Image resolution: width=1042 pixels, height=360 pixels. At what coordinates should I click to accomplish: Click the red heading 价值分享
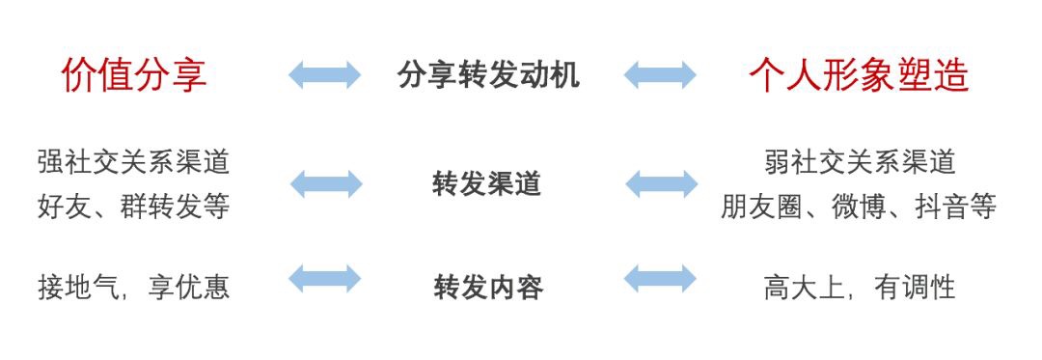click(x=134, y=75)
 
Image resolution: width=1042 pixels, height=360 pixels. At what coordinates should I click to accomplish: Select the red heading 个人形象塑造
click(x=859, y=75)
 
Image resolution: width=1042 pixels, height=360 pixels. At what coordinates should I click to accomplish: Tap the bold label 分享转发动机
click(x=488, y=75)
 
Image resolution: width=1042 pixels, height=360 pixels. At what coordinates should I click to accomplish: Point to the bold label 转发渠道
click(x=487, y=183)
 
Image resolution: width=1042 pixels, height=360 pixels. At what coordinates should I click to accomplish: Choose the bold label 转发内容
click(x=488, y=287)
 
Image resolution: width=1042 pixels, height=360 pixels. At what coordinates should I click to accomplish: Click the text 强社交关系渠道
click(x=134, y=161)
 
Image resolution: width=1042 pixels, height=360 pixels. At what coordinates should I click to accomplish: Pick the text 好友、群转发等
click(x=134, y=207)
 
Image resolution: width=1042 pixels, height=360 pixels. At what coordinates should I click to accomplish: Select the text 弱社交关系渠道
click(x=860, y=161)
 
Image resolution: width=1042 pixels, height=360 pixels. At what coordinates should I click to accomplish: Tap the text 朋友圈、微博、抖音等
click(x=859, y=207)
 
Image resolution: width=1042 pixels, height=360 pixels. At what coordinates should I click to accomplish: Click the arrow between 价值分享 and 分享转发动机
click(x=325, y=74)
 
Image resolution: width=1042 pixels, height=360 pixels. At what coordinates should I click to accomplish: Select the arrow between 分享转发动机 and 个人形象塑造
click(x=661, y=74)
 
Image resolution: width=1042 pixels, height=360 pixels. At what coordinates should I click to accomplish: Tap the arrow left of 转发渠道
click(x=326, y=183)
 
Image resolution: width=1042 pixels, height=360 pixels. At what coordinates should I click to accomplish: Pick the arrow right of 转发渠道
click(x=662, y=183)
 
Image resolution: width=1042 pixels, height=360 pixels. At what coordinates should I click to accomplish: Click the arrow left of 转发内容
click(x=325, y=279)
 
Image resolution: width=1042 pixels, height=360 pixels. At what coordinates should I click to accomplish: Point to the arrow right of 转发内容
click(x=661, y=279)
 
